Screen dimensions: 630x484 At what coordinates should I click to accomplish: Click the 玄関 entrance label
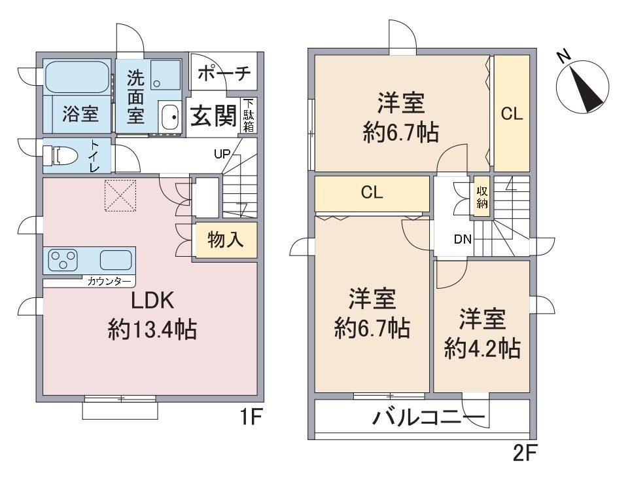coord(213,117)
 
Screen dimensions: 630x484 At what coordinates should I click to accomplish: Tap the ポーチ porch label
coord(224,73)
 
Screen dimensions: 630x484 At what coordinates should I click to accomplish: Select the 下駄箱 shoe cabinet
coord(249,115)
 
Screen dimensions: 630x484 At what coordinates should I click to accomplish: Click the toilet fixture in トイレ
coord(60,155)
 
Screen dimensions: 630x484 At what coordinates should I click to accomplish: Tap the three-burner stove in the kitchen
coord(63,260)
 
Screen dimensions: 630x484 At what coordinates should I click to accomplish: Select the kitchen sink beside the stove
coord(116,260)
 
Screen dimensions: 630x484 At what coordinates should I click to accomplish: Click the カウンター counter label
coord(109,282)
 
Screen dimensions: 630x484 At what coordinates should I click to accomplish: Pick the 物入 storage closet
coord(226,240)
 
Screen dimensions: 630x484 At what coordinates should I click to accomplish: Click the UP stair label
coord(222,154)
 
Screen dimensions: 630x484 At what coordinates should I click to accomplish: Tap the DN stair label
coord(463,240)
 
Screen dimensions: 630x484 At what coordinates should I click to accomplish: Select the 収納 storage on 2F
coord(481,197)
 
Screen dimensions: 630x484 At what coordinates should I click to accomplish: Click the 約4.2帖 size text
coord(483,348)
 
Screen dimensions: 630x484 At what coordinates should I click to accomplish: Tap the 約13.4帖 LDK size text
coord(152,330)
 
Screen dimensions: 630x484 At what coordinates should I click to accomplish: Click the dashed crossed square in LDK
coord(120,196)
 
